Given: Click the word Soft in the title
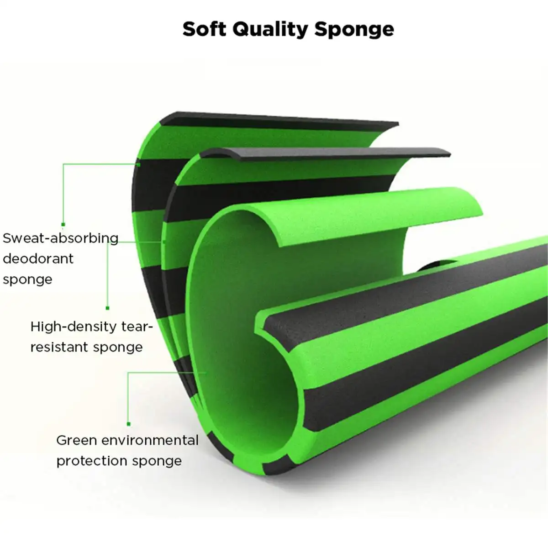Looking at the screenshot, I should [x=204, y=29].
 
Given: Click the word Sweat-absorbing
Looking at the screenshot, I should [x=60, y=238].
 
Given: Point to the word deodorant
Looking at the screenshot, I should [x=38, y=258].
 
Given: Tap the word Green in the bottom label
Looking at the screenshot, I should [x=77, y=440].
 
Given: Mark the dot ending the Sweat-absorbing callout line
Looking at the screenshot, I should [x=63, y=224].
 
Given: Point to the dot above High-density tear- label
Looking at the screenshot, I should [x=108, y=308].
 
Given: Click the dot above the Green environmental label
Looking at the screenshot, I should [x=129, y=424].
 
